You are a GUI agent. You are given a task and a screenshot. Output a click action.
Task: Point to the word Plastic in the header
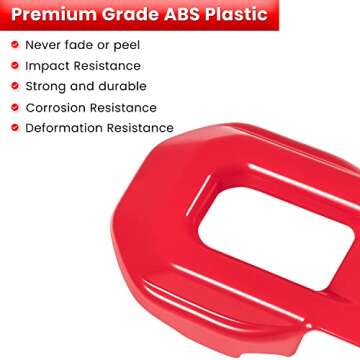[x=240, y=15]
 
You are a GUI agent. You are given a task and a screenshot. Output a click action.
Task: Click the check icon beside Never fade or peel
[x=12, y=46]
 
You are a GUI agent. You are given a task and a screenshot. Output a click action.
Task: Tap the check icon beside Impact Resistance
[x=12, y=66]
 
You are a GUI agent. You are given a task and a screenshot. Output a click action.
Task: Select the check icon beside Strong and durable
[x=12, y=86]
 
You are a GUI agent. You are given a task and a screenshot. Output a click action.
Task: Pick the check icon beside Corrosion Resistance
[x=12, y=107]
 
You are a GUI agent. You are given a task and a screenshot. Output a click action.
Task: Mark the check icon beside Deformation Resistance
[x=12, y=127]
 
